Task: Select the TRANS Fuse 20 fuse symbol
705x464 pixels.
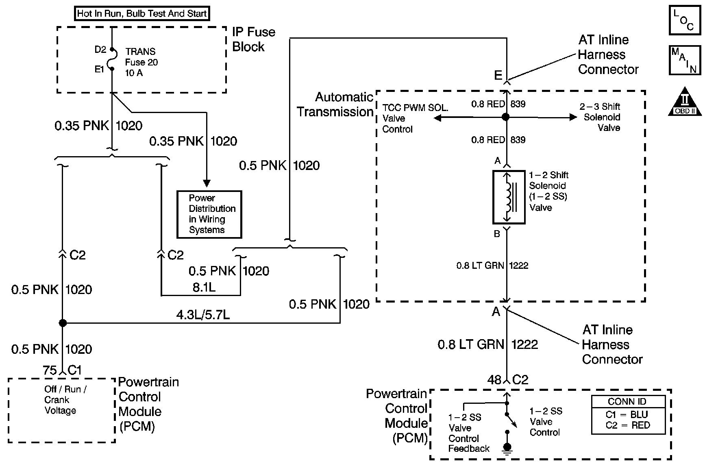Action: point(112,59)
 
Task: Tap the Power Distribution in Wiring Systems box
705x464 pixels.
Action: point(209,214)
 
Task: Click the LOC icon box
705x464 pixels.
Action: point(685,20)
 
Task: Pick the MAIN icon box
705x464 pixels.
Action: point(685,61)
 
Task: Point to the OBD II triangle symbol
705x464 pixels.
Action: point(685,101)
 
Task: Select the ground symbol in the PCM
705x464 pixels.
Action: point(507,447)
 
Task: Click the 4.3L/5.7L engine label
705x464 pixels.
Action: point(203,315)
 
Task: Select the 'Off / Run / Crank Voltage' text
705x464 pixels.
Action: point(65,400)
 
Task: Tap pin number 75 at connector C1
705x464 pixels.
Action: point(50,370)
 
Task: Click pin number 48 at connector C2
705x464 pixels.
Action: point(494,380)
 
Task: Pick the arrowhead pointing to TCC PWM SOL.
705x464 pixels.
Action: point(438,118)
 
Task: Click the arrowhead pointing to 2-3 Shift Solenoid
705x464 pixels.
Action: point(573,117)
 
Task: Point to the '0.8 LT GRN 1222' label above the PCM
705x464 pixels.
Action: point(488,345)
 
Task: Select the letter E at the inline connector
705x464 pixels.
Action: point(498,75)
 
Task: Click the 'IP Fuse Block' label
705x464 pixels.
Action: point(253,39)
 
